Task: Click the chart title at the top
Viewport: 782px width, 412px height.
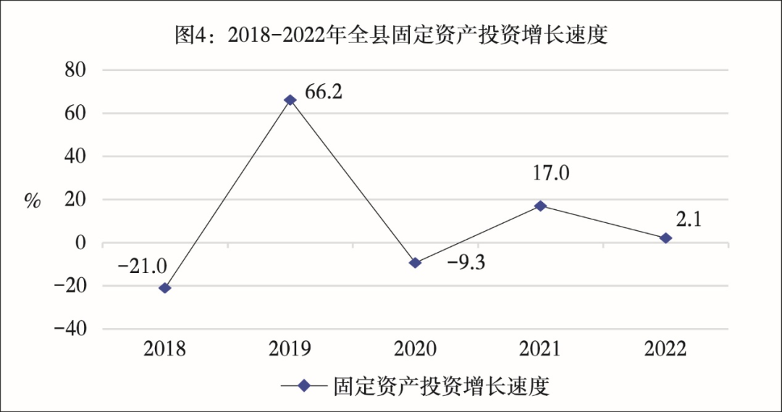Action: pos(391,35)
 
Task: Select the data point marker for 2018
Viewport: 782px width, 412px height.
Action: pos(165,288)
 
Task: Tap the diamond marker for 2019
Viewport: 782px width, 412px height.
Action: pos(290,100)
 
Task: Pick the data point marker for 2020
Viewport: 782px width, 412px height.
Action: pos(415,263)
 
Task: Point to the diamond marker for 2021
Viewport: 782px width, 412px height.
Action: pos(540,206)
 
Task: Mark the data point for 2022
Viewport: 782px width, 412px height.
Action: pos(665,238)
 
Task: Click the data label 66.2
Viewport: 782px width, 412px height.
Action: pos(323,92)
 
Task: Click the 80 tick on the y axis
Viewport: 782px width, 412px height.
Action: pos(75,70)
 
